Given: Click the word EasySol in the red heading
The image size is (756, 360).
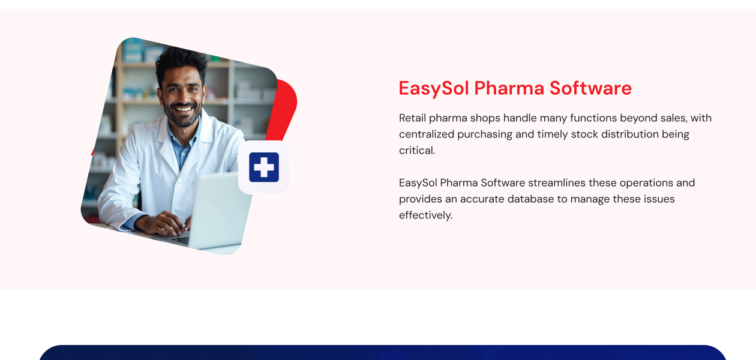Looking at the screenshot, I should [x=434, y=88].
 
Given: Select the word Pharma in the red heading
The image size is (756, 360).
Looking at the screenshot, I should [x=509, y=88].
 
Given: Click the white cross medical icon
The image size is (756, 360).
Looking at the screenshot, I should [x=264, y=167].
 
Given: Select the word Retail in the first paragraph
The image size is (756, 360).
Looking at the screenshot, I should [x=412, y=118].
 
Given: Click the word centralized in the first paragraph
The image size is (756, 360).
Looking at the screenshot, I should [x=427, y=134].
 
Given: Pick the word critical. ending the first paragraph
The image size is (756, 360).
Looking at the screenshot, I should [x=417, y=150].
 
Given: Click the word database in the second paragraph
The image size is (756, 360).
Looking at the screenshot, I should [x=530, y=199].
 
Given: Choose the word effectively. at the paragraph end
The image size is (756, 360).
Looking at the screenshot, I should [x=425, y=215].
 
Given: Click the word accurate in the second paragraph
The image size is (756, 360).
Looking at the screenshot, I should [x=482, y=199].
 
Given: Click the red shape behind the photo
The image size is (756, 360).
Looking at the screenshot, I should [x=286, y=108].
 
